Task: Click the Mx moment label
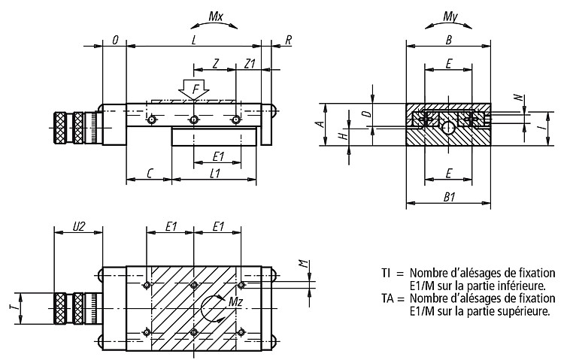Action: point(216,17)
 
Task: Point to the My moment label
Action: point(450,17)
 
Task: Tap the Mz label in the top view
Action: point(236,301)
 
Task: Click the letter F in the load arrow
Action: point(196,89)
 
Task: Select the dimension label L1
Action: point(215,174)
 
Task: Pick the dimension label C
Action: point(150,174)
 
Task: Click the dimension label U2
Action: point(79,226)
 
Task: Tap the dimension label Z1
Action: point(250,64)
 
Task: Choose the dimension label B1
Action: point(449,197)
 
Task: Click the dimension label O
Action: point(115,41)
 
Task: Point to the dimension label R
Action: point(288,41)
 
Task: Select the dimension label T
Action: point(13,308)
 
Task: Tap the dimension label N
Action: point(518,97)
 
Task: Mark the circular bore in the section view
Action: point(448,127)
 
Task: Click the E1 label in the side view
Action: point(218,156)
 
